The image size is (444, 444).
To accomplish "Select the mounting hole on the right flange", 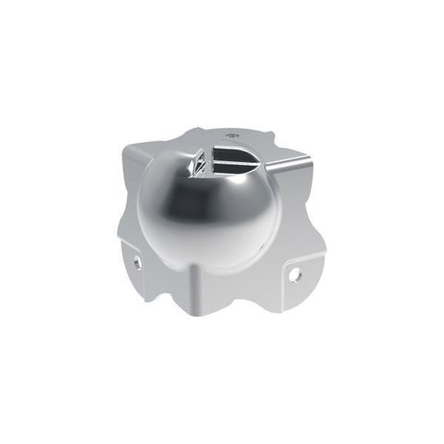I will click(295, 273).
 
